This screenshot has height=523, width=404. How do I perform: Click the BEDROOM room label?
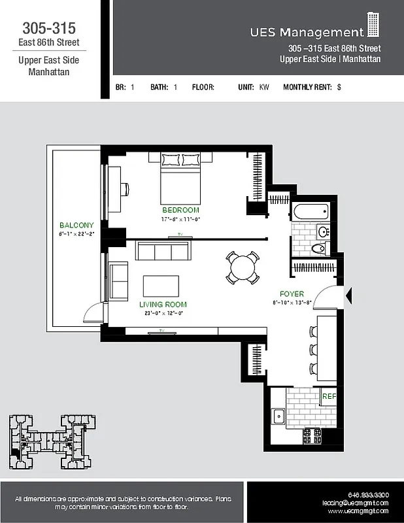(180, 210)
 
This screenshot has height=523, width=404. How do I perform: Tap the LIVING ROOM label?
(163, 305)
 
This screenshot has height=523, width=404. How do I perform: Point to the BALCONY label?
(76, 225)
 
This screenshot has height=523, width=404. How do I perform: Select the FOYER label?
(292, 294)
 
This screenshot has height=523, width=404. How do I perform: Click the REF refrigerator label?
(329, 396)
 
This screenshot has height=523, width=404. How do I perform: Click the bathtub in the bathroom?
(311, 211)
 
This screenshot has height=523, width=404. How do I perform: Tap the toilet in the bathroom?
(319, 248)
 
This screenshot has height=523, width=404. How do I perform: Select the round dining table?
(242, 267)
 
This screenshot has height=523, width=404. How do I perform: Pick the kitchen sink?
(278, 414)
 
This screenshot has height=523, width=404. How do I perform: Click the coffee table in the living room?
(161, 286)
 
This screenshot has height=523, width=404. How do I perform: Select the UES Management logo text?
(307, 32)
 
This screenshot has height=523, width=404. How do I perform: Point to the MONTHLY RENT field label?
(307, 87)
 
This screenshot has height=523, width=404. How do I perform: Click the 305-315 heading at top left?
(49, 28)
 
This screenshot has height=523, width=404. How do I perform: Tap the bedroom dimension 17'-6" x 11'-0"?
(180, 220)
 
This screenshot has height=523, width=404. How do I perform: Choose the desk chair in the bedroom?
(125, 189)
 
